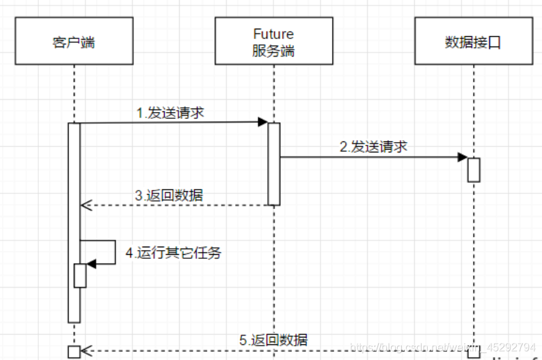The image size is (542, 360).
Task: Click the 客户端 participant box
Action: (73, 42)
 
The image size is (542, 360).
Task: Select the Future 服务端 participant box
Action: (273, 42)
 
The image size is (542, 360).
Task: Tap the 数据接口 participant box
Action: (473, 42)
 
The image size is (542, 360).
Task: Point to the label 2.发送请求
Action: (374, 147)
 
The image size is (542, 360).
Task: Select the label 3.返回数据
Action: (169, 195)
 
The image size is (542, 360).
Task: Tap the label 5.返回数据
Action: (273, 340)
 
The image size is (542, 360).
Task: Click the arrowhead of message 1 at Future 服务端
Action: (262, 122)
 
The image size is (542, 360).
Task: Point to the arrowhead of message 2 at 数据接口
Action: (463, 157)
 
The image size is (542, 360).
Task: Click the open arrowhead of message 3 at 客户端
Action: (85, 204)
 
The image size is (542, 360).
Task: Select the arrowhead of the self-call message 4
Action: (92, 264)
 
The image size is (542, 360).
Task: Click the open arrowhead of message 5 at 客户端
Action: (85, 351)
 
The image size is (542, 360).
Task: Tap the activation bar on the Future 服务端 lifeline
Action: (273, 164)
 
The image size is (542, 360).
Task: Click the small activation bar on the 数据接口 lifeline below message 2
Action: (474, 169)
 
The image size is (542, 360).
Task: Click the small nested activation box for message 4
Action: (80, 275)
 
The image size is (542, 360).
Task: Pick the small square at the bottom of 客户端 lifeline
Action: (74, 352)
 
